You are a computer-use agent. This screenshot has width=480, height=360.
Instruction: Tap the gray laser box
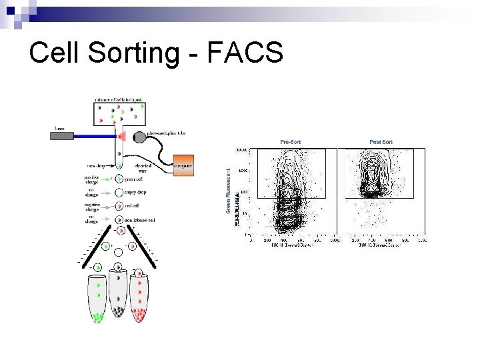[x=61, y=135]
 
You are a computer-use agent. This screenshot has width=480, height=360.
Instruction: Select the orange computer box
[x=183, y=165]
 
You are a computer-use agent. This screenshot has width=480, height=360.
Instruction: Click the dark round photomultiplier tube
[x=139, y=138]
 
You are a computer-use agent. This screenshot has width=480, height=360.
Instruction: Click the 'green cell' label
[x=136, y=179]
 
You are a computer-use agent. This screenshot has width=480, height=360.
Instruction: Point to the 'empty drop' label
[x=136, y=192]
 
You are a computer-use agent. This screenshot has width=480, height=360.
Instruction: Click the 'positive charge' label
[x=92, y=179]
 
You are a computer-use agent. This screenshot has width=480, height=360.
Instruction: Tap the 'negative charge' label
[x=92, y=207]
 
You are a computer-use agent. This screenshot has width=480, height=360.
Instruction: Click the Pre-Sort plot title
[x=290, y=142]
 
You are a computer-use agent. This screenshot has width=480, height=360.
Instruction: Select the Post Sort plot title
[x=381, y=142]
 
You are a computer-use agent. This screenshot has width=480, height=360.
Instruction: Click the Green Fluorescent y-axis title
[x=228, y=191]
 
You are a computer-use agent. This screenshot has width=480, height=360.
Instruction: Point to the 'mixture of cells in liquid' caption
[x=118, y=100]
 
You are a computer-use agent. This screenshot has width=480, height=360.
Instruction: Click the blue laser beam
[x=93, y=135]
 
